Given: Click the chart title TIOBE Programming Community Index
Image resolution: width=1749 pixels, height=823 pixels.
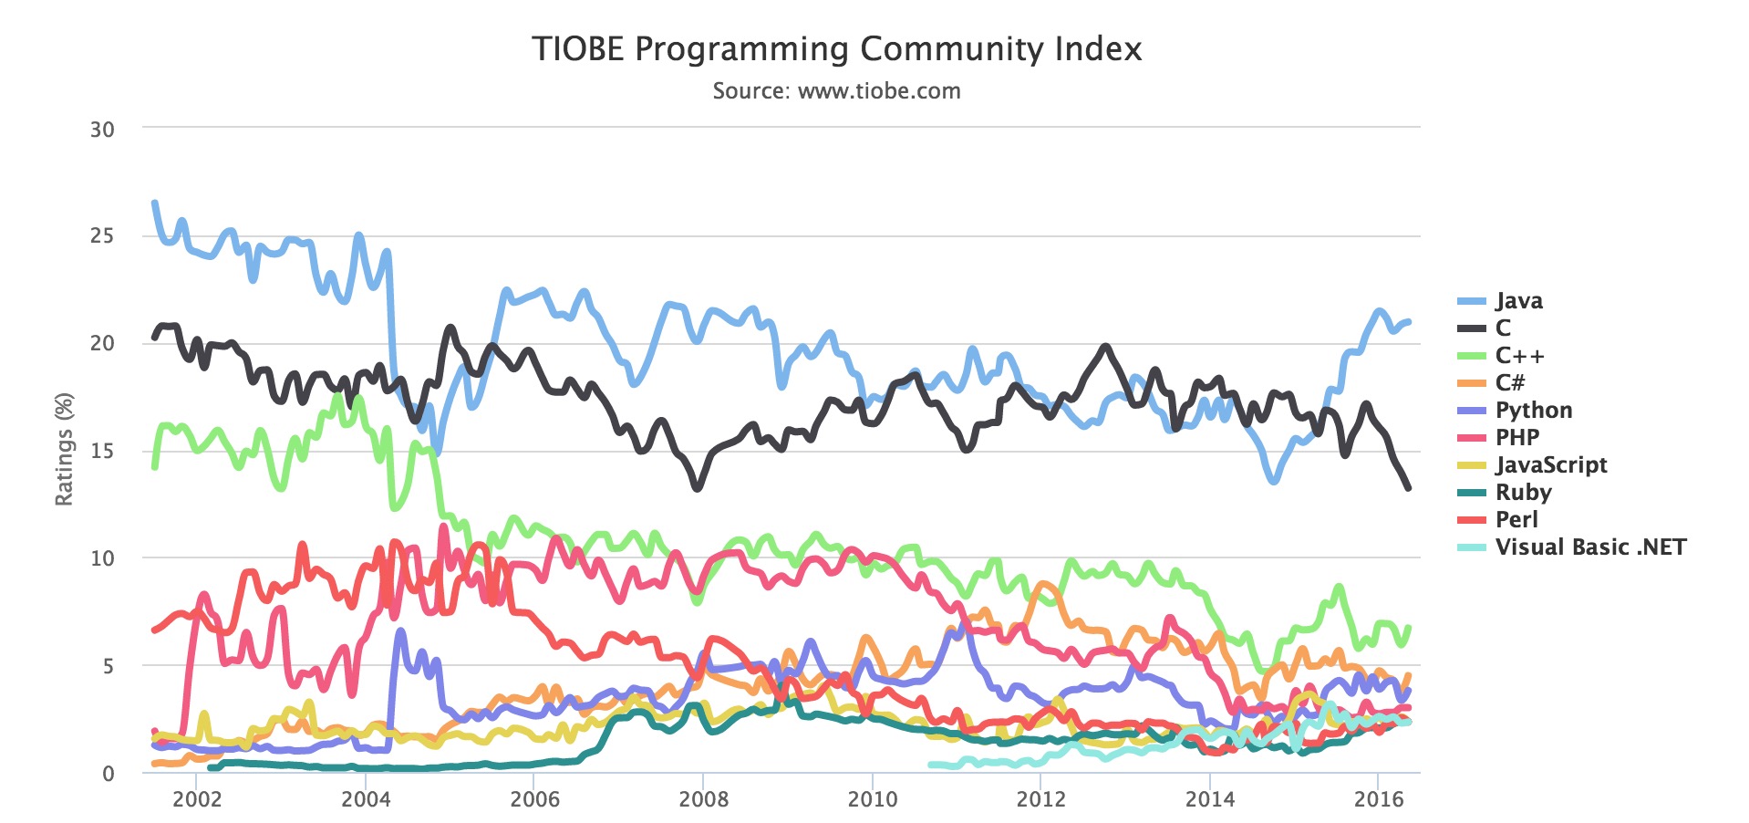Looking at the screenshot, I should (x=836, y=49).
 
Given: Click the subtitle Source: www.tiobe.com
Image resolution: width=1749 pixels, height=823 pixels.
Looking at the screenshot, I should (x=836, y=91).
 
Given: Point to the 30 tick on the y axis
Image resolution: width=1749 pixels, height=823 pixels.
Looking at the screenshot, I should (x=102, y=130).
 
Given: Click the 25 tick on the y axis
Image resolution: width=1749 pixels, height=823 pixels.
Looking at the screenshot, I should (x=102, y=236).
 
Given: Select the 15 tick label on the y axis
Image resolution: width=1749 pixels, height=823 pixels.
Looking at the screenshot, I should (x=102, y=452).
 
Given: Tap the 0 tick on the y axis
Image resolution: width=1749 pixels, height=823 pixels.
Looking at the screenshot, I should (x=109, y=774).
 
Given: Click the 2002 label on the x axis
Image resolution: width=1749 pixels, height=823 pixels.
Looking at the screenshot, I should (x=197, y=800).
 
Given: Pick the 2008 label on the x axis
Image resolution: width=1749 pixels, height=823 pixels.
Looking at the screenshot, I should (x=703, y=800).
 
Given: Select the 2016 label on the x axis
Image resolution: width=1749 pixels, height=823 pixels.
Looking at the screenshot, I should (x=1379, y=800).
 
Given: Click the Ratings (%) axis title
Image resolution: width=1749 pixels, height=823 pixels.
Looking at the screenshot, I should (x=64, y=449).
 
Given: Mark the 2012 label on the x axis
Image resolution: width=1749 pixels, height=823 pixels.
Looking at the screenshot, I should (x=1040, y=800).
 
